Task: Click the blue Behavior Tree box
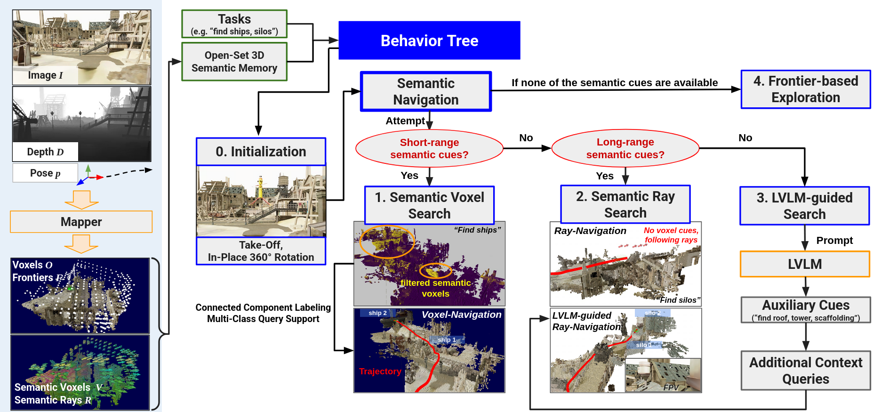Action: (429, 40)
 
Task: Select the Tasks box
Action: (234, 24)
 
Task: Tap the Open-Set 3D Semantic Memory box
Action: (234, 62)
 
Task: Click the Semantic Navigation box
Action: (426, 91)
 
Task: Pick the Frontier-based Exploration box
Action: (806, 89)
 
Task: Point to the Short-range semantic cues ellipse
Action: (429, 148)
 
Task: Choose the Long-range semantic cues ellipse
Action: (625, 148)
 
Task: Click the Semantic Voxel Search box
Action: (429, 205)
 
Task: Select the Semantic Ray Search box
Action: (625, 204)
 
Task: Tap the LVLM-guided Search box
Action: (804, 206)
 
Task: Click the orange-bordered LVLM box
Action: (805, 264)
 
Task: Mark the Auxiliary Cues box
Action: (806, 310)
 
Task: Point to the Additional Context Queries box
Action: (806, 371)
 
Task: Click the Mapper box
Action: (81, 222)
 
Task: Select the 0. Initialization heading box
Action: (261, 152)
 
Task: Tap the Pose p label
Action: (45, 173)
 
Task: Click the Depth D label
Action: (45, 152)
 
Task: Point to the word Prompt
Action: (834, 241)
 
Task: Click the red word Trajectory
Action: (380, 372)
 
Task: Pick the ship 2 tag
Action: (377, 313)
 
